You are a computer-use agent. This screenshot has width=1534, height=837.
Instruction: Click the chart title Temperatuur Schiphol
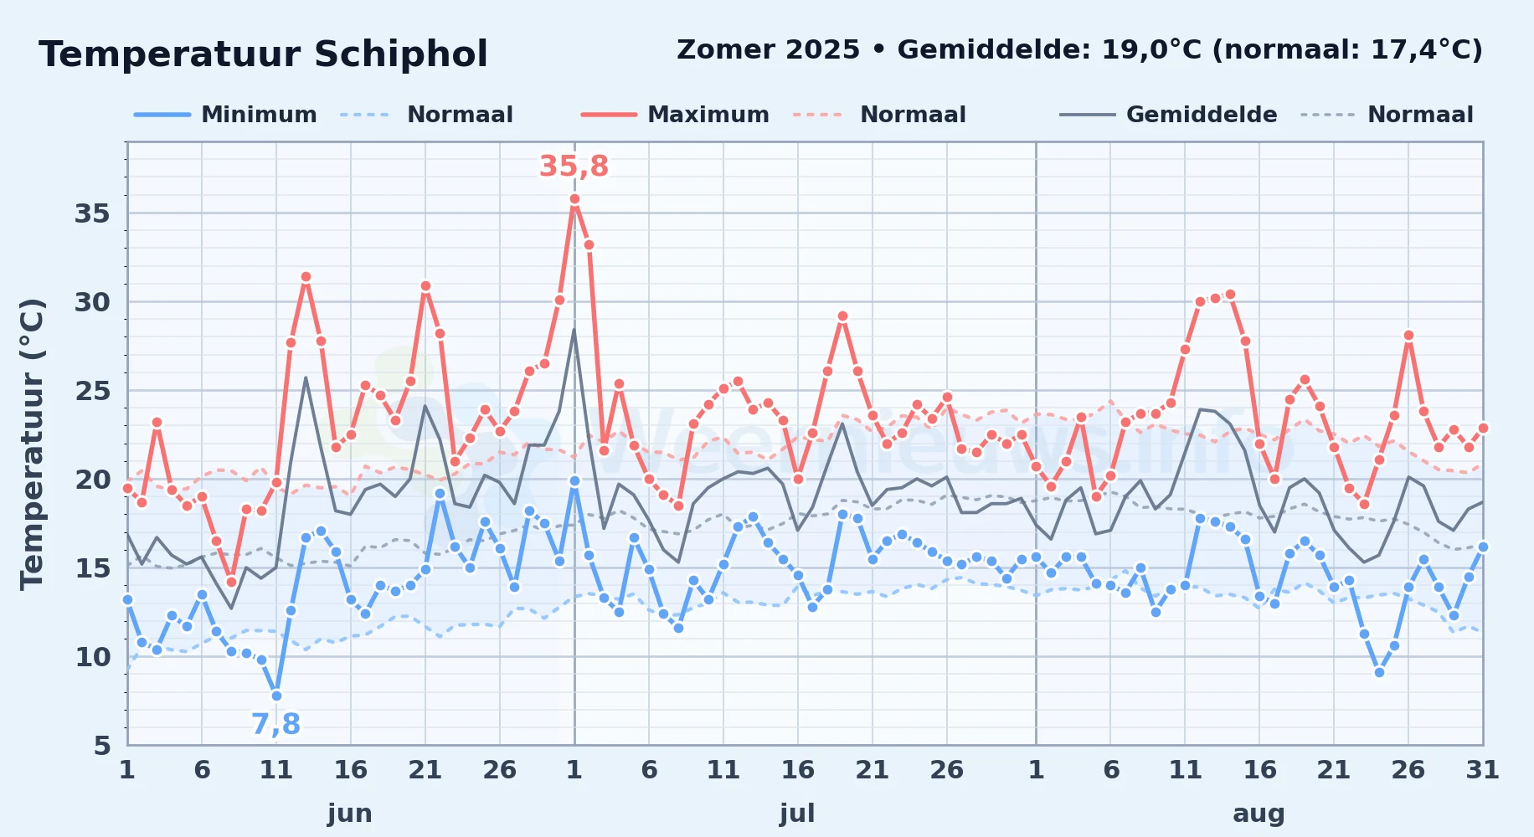tap(263, 54)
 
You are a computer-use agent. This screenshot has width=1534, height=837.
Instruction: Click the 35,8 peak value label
tap(574, 167)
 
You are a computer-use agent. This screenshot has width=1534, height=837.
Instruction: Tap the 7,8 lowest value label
tap(275, 724)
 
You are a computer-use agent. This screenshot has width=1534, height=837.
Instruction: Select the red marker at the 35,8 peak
tap(574, 199)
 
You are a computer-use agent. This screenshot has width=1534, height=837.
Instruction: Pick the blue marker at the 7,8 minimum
tap(276, 696)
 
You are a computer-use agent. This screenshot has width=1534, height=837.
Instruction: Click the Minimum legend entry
tap(225, 115)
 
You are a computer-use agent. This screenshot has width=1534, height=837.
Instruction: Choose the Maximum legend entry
tap(675, 115)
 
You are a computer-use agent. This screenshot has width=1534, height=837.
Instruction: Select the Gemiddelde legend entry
tap(1168, 115)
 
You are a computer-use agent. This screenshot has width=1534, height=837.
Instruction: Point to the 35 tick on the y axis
tap(92, 213)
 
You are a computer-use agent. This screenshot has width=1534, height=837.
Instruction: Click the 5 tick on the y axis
tap(102, 745)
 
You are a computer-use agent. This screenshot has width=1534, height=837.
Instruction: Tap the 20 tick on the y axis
tap(92, 480)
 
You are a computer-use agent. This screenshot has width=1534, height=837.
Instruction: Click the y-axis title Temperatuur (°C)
tap(32, 444)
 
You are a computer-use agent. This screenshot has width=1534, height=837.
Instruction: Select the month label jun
tap(350, 813)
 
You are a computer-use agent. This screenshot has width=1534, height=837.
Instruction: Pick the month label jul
tap(797, 813)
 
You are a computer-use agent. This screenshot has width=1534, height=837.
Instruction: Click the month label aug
tap(1259, 814)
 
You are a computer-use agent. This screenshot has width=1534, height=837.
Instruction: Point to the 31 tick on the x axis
tap(1482, 769)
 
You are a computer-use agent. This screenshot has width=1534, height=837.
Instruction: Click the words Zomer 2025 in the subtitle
tap(768, 50)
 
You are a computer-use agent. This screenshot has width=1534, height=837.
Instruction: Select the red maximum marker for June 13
tap(306, 277)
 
